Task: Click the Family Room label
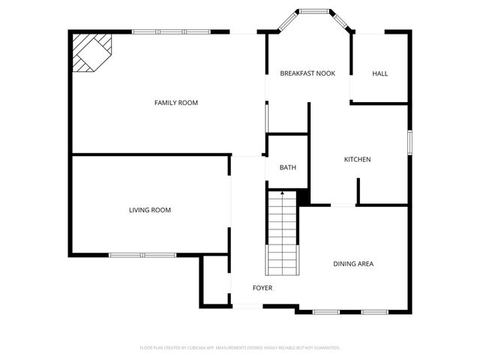pos(175,103)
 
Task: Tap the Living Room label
pos(150,210)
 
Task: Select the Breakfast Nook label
pos(307,73)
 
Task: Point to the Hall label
pos(380,73)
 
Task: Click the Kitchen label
pos(357,159)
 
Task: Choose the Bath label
pos(287,167)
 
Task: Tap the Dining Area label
pos(353,263)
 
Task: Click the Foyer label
pos(262,288)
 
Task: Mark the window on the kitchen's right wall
pos(409,142)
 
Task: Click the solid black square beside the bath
pos(303,197)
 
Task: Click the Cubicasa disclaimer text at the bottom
pos(240,348)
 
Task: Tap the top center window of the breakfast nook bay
pos(313,12)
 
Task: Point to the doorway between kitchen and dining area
pos(343,205)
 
